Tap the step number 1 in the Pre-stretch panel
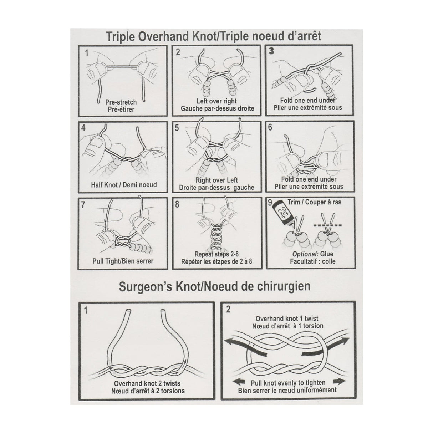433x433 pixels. pos(87,53)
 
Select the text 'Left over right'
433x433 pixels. pos(216,101)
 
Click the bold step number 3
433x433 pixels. pos(271,51)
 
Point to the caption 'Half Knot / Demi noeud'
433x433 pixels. pos(124,185)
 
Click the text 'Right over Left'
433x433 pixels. pos(216,180)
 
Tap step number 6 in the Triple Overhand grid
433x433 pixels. pos(270,127)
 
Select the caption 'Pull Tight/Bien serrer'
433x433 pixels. pos(123,261)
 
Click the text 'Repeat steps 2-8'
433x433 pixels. pos(216,254)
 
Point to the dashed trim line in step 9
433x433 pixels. pos(327,225)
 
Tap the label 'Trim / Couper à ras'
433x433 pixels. pos(314,202)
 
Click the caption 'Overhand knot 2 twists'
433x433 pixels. pos(147,383)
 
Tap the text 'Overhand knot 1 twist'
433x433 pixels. pos(287,319)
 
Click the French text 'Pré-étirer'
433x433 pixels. pos(121,109)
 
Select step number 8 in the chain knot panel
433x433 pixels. pos(177,204)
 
